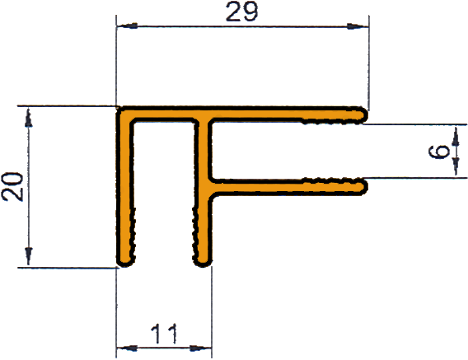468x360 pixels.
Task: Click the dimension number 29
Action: [x=241, y=12]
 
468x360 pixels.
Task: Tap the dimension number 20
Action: [x=12, y=187]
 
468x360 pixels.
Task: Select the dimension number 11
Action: [x=164, y=334]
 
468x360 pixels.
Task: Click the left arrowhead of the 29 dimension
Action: [x=128, y=26]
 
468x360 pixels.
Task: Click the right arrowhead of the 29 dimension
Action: [x=358, y=26]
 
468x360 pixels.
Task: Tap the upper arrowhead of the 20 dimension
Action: [x=28, y=118]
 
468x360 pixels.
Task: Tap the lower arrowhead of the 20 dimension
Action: [x=28, y=256]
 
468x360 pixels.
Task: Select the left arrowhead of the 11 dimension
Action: [x=127, y=348]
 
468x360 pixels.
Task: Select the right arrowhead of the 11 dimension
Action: [x=201, y=348]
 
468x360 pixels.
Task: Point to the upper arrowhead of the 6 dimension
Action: [x=456, y=136]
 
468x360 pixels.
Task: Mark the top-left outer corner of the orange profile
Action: [x=118, y=107]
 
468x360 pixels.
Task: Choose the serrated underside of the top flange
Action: [x=331, y=122]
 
